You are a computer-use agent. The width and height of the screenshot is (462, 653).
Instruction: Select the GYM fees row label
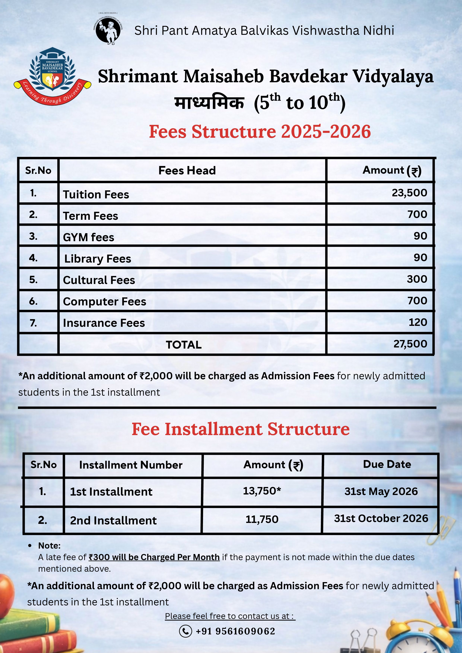click(88, 237)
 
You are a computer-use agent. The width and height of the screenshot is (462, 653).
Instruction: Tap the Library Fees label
click(98, 259)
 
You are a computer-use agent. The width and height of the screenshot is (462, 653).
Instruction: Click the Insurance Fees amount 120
click(418, 322)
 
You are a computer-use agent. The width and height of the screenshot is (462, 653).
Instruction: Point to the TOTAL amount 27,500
click(410, 344)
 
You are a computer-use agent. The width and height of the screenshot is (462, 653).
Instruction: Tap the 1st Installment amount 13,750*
click(262, 491)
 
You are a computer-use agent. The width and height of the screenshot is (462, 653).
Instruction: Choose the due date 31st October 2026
click(381, 518)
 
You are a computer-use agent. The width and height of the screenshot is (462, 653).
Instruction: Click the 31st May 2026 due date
click(381, 491)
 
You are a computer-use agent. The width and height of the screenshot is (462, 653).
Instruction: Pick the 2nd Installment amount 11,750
click(262, 520)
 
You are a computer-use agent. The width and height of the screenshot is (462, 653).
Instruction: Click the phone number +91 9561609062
click(235, 631)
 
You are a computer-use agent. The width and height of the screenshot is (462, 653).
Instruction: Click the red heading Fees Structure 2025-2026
click(260, 132)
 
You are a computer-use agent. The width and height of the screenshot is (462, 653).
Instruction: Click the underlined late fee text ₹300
click(154, 557)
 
